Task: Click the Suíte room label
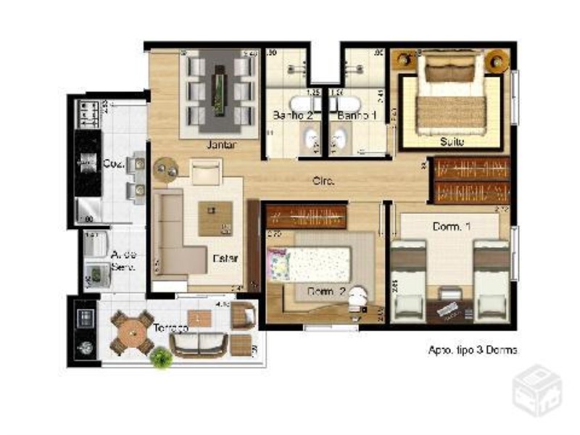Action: click(x=451, y=142)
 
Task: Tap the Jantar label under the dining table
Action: click(x=222, y=144)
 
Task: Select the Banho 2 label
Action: click(x=288, y=116)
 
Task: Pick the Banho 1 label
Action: click(x=357, y=116)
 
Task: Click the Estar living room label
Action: click(x=225, y=257)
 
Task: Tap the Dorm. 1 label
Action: click(x=452, y=227)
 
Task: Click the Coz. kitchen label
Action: click(x=113, y=164)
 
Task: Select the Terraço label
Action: click(x=171, y=328)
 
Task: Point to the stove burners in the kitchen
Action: click(x=88, y=112)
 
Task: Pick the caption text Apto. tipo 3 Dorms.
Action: click(x=473, y=349)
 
